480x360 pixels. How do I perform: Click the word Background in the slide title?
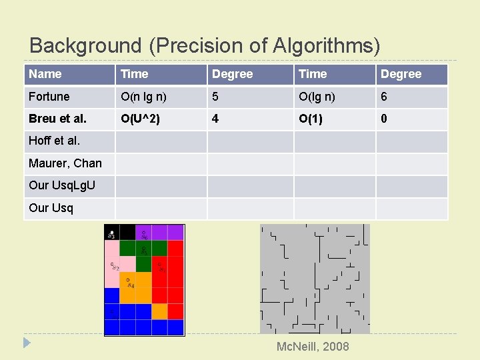pyautogui.click(x=85, y=45)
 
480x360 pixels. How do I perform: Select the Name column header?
pyautogui.click(x=45, y=74)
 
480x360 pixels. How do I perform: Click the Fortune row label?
pyautogui.click(x=49, y=97)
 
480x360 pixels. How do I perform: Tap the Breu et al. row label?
pyautogui.click(x=57, y=119)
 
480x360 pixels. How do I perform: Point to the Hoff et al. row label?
pyautogui.click(x=55, y=141)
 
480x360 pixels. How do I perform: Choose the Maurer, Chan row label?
pyautogui.click(x=65, y=163)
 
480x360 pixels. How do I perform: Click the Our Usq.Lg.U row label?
pyautogui.click(x=61, y=185)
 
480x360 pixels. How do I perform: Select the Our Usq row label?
pyautogui.click(x=51, y=208)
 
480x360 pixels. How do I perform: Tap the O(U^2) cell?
pyautogui.click(x=140, y=119)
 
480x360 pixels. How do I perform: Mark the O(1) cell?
pyautogui.click(x=311, y=119)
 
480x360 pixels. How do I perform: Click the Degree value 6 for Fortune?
pyautogui.click(x=384, y=97)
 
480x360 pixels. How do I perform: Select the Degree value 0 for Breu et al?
pyautogui.click(x=384, y=119)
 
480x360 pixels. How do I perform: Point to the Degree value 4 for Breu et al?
pyautogui.click(x=215, y=119)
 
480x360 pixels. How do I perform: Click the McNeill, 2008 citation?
pyautogui.click(x=313, y=346)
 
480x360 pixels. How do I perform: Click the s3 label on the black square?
pyautogui.click(x=111, y=234)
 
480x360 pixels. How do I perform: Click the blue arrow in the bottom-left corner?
pyautogui.click(x=27, y=343)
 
